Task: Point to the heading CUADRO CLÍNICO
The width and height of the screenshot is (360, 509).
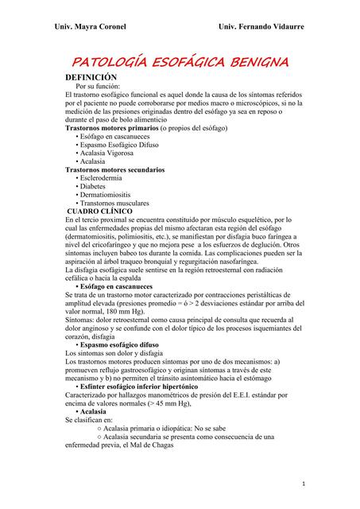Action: pos(105,211)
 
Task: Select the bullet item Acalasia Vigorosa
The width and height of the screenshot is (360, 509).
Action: pos(110,153)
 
